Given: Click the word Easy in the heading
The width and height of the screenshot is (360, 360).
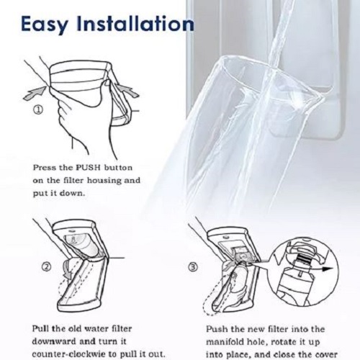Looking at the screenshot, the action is click(45, 24).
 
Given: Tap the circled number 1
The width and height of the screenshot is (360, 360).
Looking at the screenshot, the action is click(38, 110).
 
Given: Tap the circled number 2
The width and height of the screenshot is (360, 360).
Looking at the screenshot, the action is click(47, 267).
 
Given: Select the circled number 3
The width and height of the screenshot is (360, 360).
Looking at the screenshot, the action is click(194, 267).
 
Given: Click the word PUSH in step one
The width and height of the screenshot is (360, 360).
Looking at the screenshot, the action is click(88, 167).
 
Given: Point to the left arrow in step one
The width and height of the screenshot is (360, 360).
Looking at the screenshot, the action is click(35, 94).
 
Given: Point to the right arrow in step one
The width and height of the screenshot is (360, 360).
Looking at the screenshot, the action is click(127, 90).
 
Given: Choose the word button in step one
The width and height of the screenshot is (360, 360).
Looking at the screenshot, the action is click(118, 167).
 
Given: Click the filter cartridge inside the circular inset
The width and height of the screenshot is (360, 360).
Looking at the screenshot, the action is click(292, 279).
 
